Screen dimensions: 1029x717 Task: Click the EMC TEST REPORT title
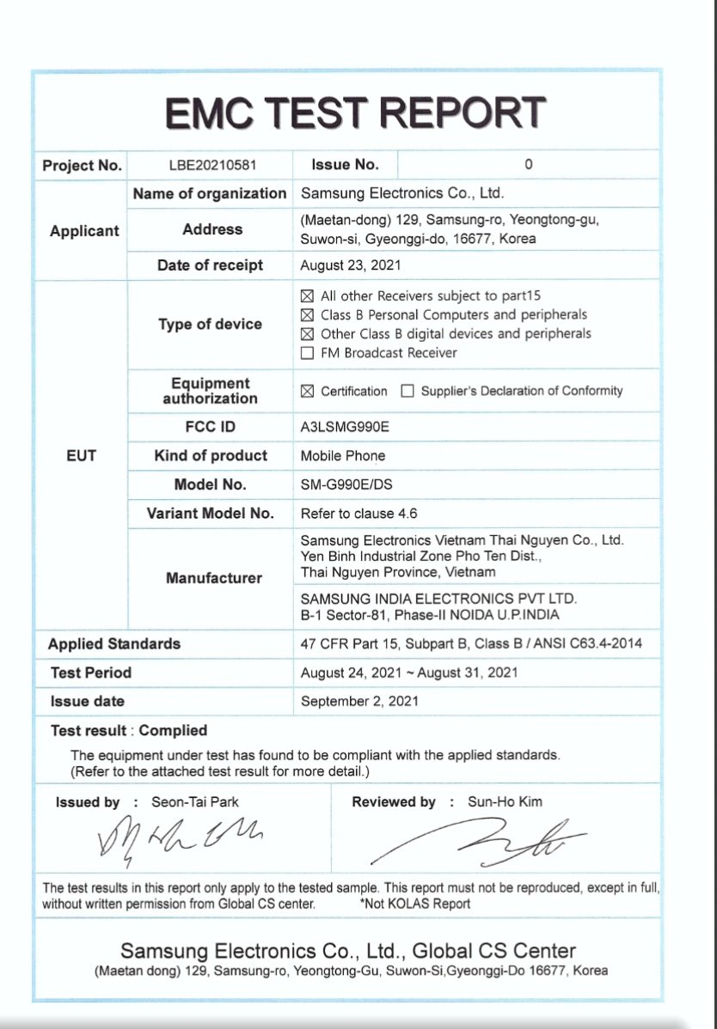pyautogui.click(x=355, y=113)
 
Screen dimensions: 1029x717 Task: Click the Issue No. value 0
pyautogui.click(x=529, y=164)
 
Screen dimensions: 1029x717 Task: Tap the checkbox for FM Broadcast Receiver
pyautogui.click(x=307, y=353)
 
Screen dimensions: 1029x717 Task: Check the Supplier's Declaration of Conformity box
pyautogui.click(x=408, y=392)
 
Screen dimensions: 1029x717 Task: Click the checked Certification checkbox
pyautogui.click(x=307, y=392)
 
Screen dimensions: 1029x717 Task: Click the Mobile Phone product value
pyautogui.click(x=343, y=455)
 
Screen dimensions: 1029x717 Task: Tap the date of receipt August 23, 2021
pyautogui.click(x=351, y=265)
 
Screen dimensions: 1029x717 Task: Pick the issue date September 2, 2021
pyautogui.click(x=360, y=701)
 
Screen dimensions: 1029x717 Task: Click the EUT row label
pyautogui.click(x=81, y=455)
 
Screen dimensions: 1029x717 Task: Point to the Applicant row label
pyautogui.click(x=84, y=230)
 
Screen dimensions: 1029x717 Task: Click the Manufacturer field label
pyautogui.click(x=213, y=578)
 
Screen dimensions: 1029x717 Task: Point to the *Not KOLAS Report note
pyautogui.click(x=415, y=904)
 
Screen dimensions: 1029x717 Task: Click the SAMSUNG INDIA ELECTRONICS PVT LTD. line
pyautogui.click(x=438, y=599)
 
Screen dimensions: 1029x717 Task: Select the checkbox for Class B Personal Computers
pyautogui.click(x=307, y=315)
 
